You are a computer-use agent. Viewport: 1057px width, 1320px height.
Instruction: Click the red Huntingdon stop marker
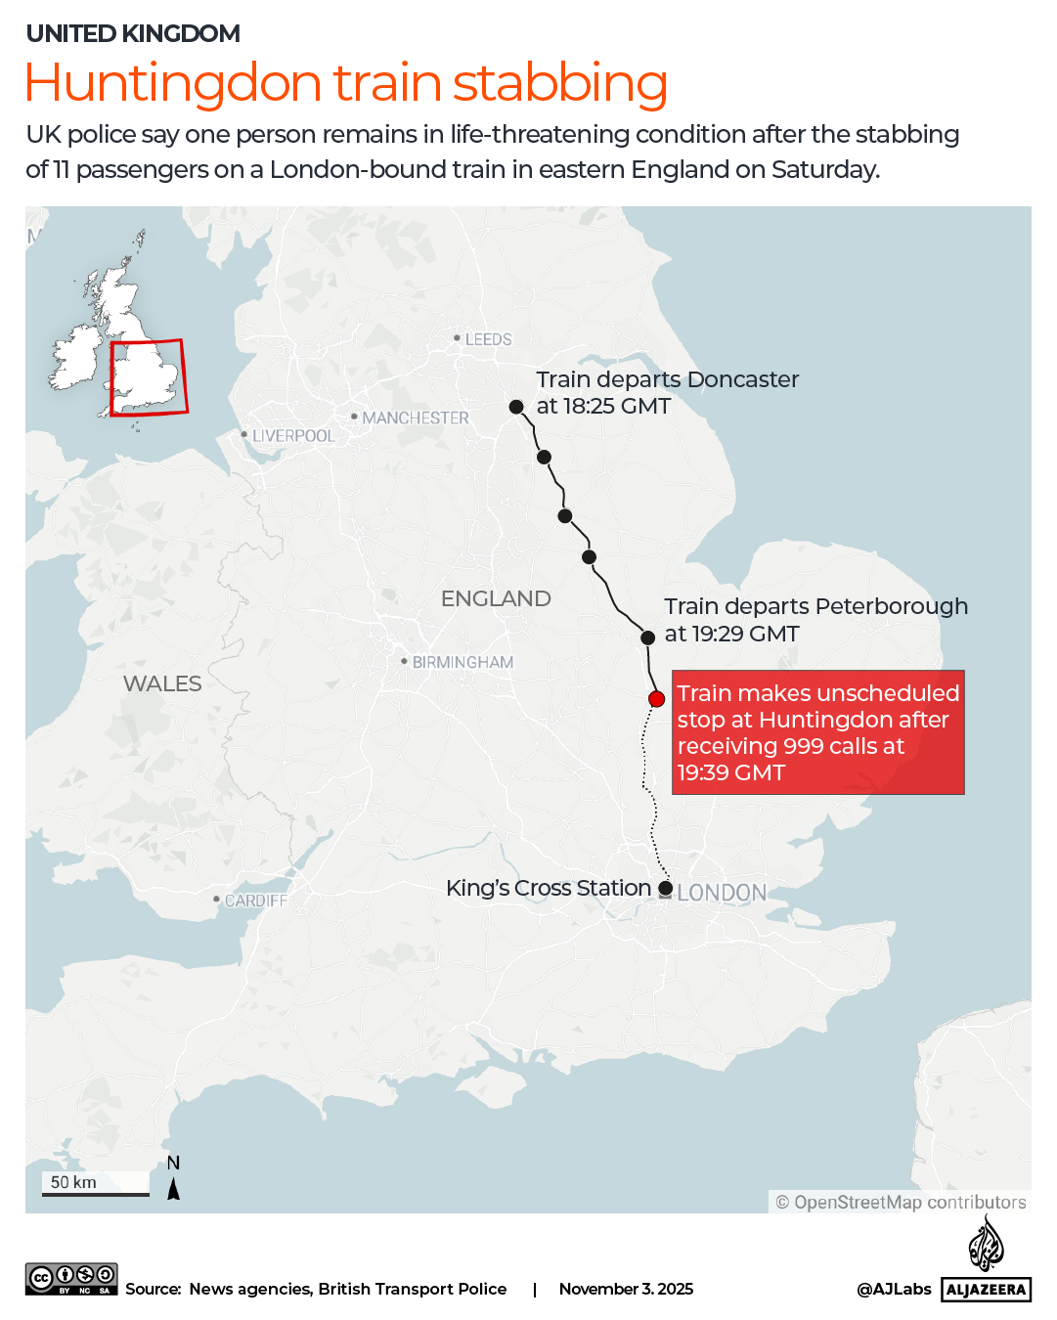[657, 698]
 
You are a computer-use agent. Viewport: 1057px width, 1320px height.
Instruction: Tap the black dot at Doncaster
[516, 407]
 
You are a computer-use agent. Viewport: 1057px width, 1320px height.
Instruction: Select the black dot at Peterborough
[647, 638]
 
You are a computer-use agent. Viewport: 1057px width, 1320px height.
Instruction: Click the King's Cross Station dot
[666, 888]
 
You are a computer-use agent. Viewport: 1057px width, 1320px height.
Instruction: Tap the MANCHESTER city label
[416, 418]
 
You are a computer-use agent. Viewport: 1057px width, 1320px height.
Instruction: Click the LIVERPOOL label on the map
[293, 435]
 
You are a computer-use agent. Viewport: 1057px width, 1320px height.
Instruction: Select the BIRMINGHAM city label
[462, 662]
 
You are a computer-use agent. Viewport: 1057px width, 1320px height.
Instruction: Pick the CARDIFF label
[256, 900]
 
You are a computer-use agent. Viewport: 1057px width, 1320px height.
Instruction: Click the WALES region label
[162, 683]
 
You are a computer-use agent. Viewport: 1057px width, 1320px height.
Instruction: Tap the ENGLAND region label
[496, 598]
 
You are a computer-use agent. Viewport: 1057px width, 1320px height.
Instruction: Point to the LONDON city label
[722, 893]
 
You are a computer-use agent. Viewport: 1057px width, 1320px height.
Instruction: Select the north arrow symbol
[173, 1188]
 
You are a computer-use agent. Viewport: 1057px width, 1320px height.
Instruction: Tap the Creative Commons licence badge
[71, 1279]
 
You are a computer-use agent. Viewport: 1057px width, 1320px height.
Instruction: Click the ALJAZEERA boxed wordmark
[986, 1290]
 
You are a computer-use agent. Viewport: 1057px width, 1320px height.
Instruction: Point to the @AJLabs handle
[894, 1289]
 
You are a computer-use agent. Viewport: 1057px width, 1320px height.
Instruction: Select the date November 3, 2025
[626, 1289]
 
